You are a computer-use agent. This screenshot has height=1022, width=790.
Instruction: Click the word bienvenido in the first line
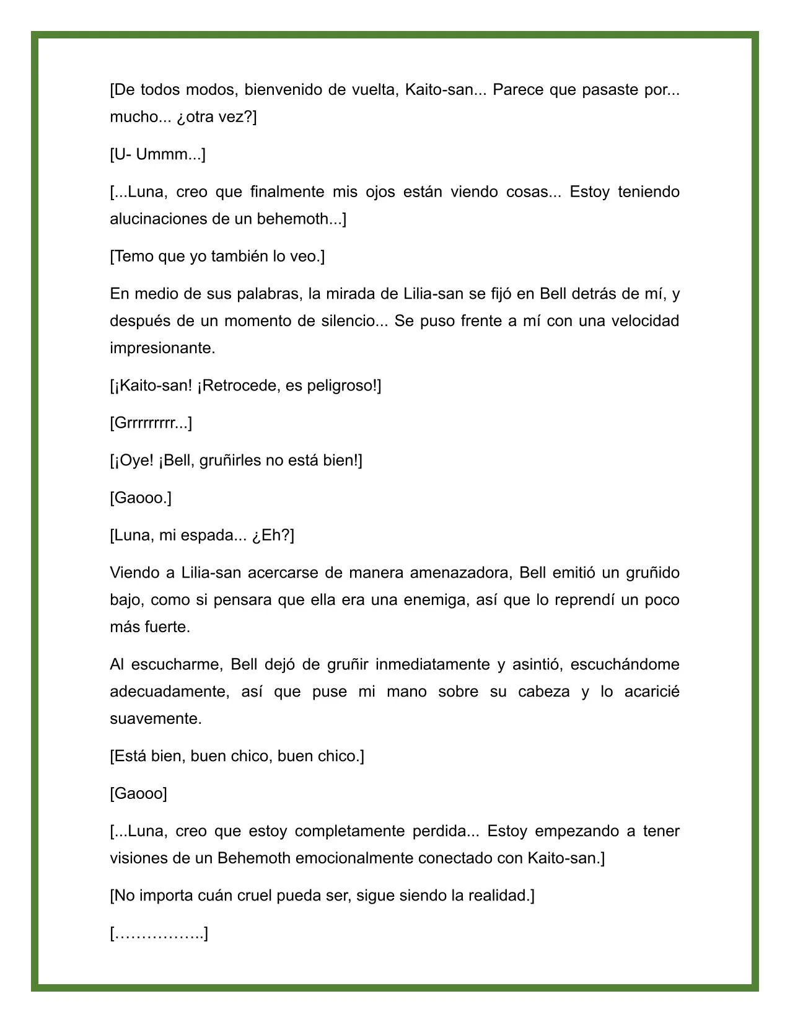(282, 90)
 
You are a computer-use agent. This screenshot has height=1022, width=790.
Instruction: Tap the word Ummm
(160, 154)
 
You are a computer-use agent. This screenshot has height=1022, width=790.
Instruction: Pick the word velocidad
(645, 320)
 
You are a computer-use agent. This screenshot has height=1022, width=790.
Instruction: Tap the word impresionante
(162, 348)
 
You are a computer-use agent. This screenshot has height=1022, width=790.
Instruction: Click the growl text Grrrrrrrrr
(151, 423)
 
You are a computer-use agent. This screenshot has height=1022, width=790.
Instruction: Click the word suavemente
(156, 719)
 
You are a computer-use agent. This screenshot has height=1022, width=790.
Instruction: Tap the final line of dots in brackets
(159, 933)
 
